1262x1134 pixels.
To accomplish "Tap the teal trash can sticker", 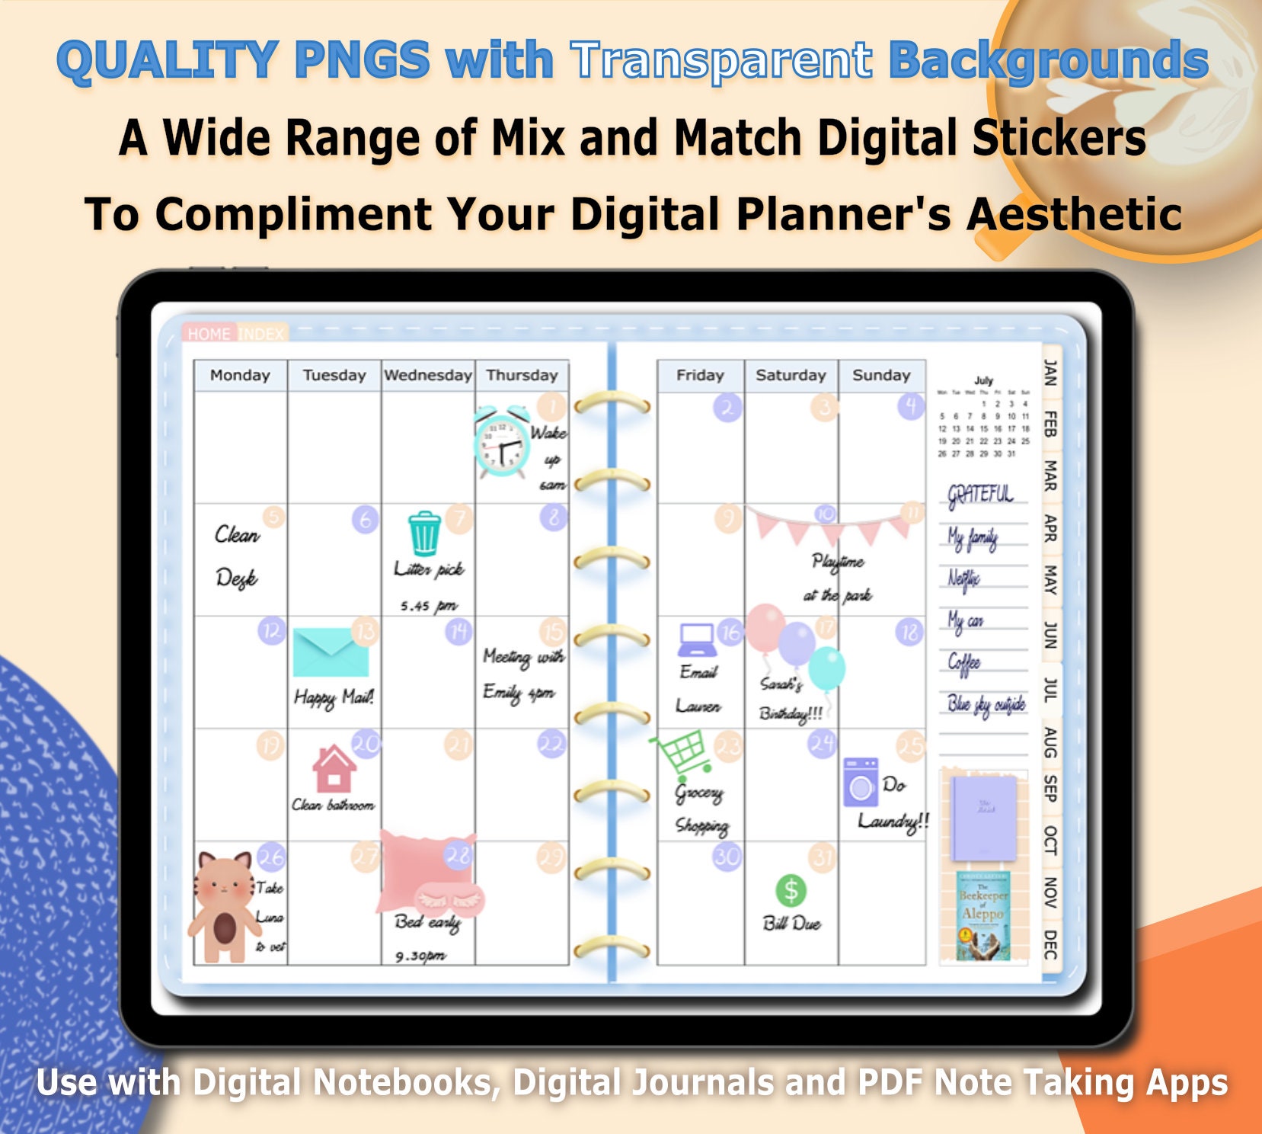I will click(x=424, y=533).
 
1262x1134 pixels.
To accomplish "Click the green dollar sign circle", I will click(x=791, y=889).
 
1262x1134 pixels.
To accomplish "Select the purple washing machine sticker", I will click(x=861, y=782).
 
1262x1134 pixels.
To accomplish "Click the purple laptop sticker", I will click(x=697, y=639).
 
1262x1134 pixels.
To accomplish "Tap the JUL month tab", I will click(x=1050, y=690).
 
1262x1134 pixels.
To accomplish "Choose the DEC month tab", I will click(x=1050, y=943).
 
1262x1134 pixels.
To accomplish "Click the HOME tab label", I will click(x=209, y=334).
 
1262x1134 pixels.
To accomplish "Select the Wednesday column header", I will click(x=428, y=375).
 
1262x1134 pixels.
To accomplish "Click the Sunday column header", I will click(x=881, y=375).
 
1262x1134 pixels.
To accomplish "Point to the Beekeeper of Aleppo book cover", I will click(x=982, y=915).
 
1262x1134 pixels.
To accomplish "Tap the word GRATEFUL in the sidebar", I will click(x=981, y=494).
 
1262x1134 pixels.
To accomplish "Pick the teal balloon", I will click(x=826, y=669).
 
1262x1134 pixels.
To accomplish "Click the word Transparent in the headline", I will click(x=721, y=60).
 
